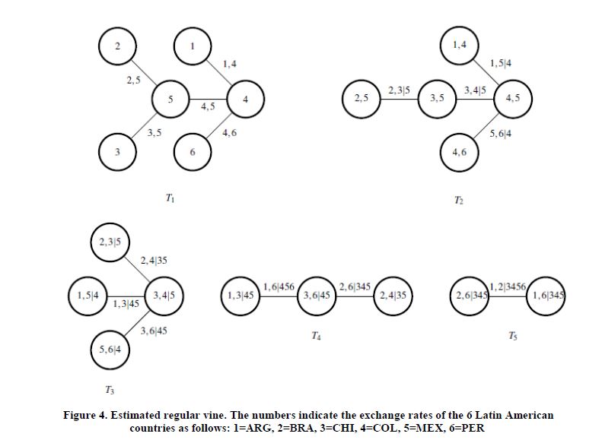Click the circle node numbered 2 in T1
[x=117, y=47]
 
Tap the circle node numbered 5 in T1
[x=170, y=100]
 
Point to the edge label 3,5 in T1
[x=154, y=133]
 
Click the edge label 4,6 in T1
[x=228, y=134]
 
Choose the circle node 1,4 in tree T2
[x=459, y=46]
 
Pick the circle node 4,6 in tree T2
[x=459, y=152]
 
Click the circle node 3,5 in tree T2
[x=438, y=99]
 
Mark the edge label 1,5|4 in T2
[x=500, y=62]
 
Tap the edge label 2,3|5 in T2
[x=400, y=91]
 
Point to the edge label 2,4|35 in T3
[x=154, y=261]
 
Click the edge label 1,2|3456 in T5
[x=508, y=286]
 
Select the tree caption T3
[x=111, y=390]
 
